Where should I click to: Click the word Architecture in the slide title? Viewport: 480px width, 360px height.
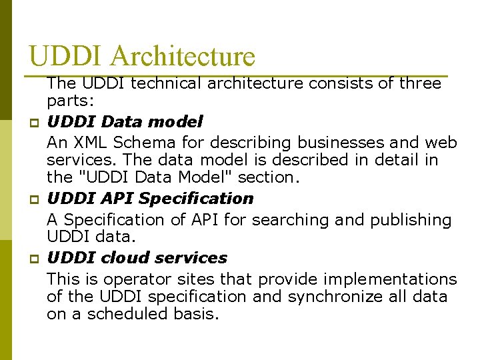pos(183,56)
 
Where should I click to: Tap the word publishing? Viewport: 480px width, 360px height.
pos(407,219)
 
